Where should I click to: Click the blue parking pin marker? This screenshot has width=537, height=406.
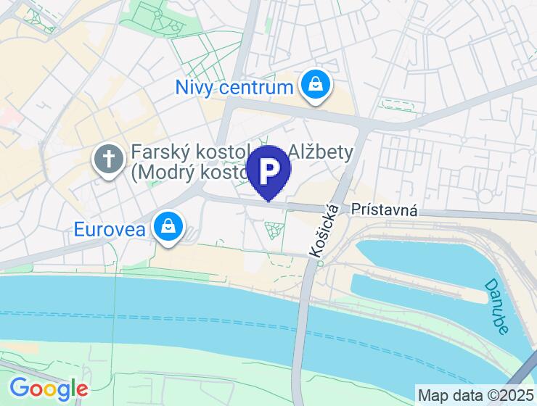click(x=268, y=171)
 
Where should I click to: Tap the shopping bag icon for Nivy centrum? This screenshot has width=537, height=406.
click(x=316, y=86)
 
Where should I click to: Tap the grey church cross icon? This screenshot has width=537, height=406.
click(x=109, y=160)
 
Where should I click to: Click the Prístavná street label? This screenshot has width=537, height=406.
click(x=384, y=210)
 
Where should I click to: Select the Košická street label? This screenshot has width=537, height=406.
click(x=325, y=231)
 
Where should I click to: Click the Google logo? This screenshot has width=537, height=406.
click(x=49, y=389)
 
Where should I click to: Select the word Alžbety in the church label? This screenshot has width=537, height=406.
click(x=321, y=152)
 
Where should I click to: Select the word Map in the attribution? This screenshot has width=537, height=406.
click(x=433, y=396)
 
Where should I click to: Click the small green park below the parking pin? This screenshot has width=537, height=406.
click(x=275, y=230)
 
